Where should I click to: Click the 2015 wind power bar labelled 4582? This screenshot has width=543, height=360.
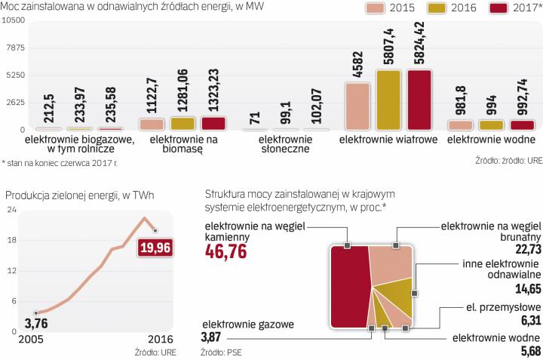[357, 106]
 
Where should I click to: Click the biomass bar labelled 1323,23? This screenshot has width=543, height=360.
[213, 123]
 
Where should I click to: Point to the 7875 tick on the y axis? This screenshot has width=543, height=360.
[14, 48]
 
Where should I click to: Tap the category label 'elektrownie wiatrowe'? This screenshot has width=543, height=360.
[389, 140]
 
